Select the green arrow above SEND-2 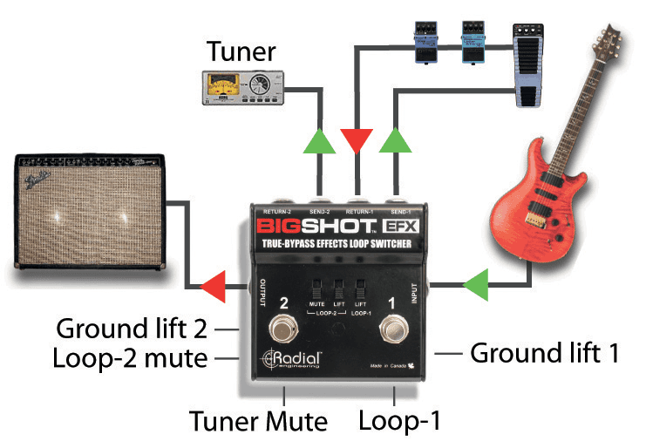pos(319,142)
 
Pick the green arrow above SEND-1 pos(395,142)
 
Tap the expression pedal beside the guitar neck pos(529,65)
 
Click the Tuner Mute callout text pos(258,422)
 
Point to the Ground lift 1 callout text pos(545,353)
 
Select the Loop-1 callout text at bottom pos(399,421)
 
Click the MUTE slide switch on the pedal pos(318,288)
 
